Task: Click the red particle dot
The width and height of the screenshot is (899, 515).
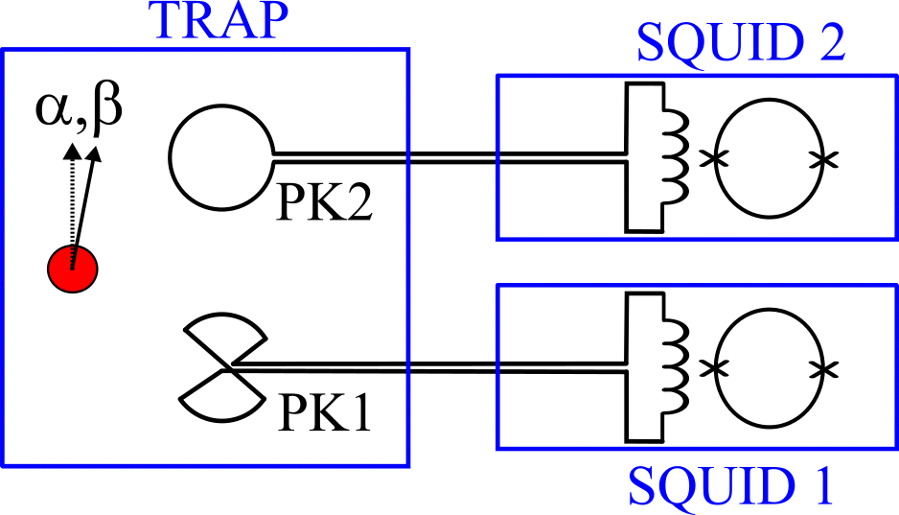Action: point(72,268)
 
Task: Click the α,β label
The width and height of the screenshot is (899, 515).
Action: point(80,109)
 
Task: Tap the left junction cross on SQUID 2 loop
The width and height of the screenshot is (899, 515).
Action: point(711,159)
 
